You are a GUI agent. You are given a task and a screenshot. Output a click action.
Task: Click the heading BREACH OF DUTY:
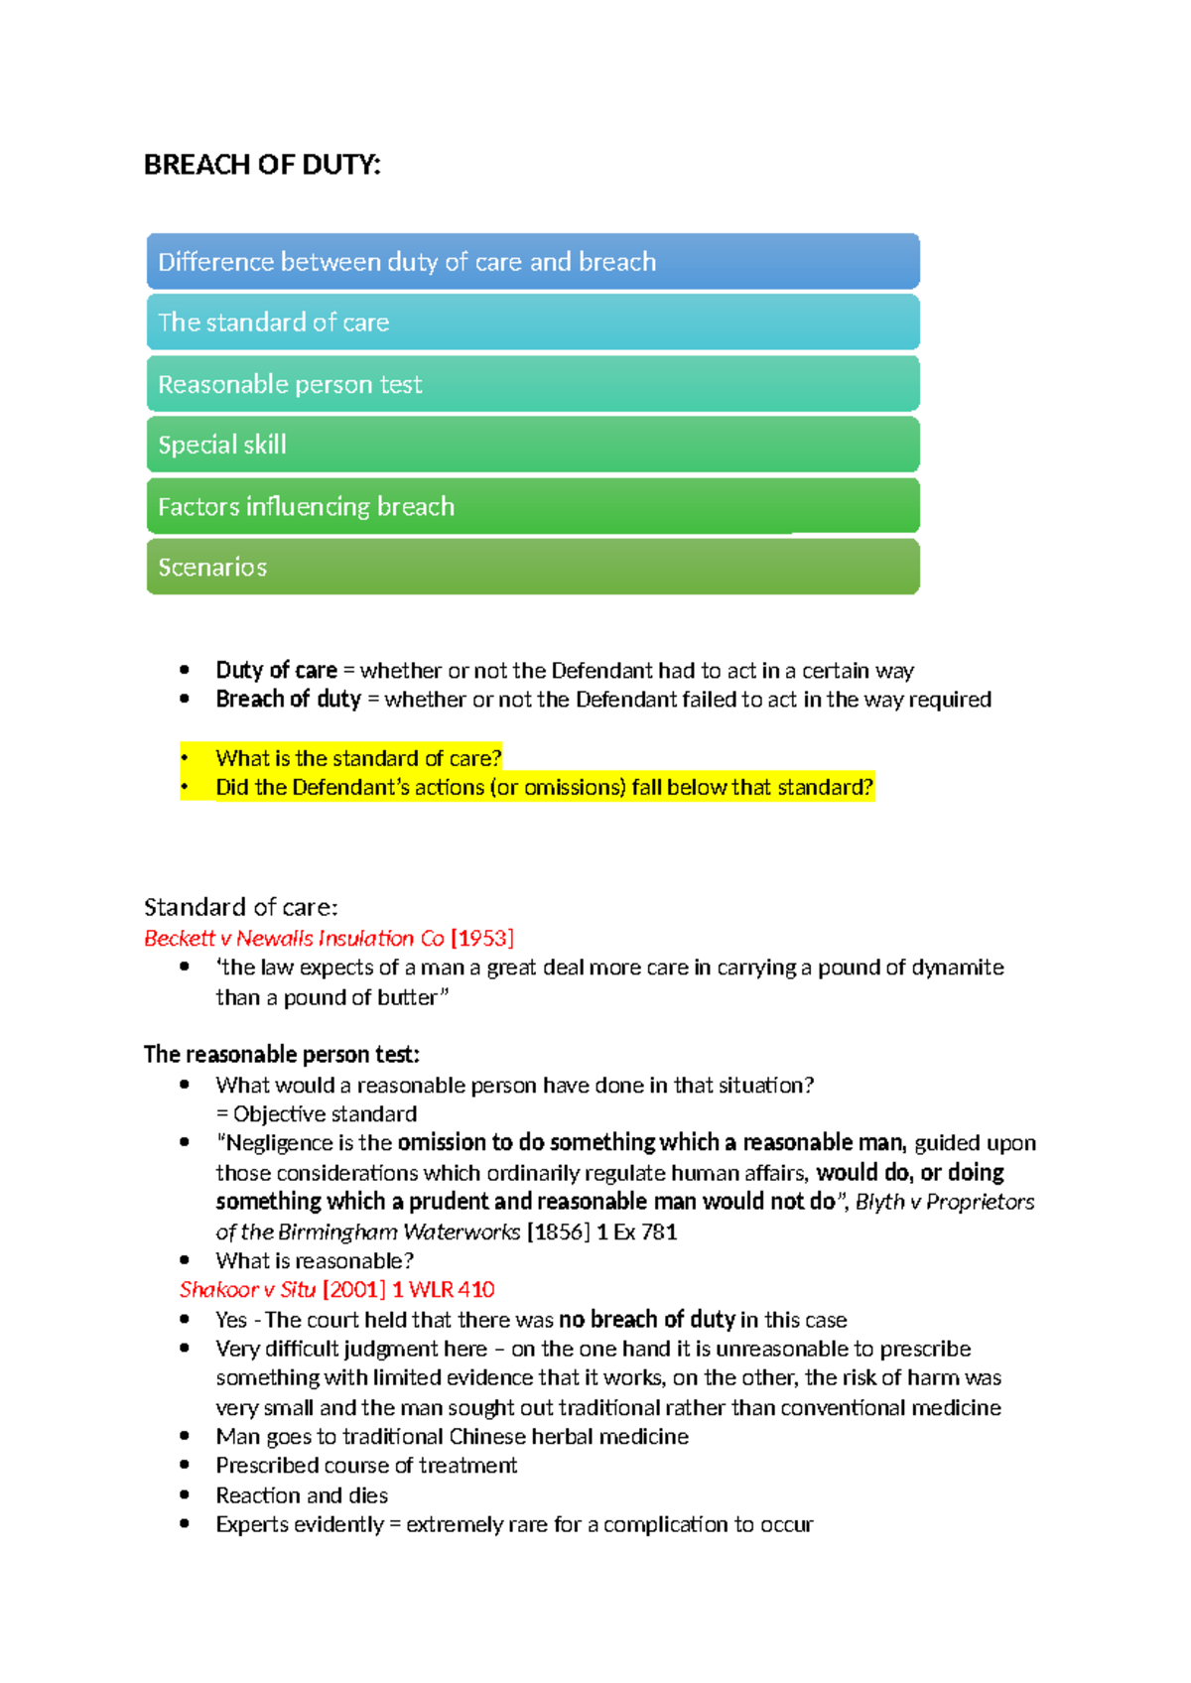[262, 165]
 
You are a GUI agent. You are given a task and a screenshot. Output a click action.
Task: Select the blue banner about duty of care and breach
[533, 262]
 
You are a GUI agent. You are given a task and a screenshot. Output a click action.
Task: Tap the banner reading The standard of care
[533, 323]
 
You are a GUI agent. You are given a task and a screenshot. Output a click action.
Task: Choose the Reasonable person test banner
[533, 384]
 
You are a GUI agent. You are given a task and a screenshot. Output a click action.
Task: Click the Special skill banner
[533, 445]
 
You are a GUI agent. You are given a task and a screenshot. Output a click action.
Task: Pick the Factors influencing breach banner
[533, 506]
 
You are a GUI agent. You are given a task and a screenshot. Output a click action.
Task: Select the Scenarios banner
[533, 567]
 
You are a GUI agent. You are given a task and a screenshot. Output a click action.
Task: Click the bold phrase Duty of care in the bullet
[276, 671]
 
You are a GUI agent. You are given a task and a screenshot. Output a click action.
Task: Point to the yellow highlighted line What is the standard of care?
[358, 758]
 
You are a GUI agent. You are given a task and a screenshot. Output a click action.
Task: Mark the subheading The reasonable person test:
[282, 1054]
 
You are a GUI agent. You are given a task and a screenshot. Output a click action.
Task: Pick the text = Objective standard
[317, 1114]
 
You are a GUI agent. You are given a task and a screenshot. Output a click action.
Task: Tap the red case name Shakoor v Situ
[247, 1290]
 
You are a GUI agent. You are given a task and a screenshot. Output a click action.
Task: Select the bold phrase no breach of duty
[646, 1320]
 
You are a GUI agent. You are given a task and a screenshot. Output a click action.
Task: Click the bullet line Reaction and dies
[302, 1495]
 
